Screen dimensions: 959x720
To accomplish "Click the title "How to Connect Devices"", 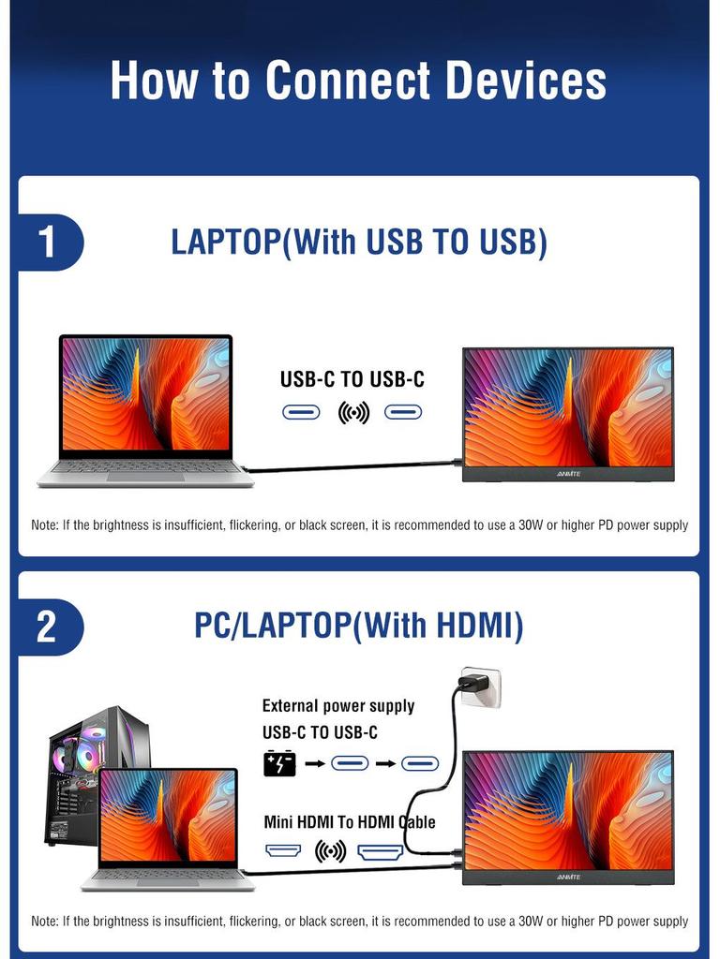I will (x=359, y=81).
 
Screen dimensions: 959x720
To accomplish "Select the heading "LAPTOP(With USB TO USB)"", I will (x=359, y=242).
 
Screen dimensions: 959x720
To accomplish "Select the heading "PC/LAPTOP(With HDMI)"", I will (x=359, y=625).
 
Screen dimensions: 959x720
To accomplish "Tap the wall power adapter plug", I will (x=478, y=687).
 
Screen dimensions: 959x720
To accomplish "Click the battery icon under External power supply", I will (x=279, y=763).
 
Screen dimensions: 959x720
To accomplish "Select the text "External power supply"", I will (x=337, y=706).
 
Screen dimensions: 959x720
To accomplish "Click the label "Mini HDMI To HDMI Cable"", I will (x=350, y=822).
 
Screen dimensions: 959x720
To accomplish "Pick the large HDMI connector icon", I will (x=381, y=851).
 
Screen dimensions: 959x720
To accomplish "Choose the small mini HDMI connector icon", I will (x=284, y=851).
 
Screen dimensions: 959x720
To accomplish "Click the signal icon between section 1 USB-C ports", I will (x=353, y=412).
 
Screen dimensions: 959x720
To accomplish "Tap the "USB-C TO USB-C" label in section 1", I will (x=352, y=379).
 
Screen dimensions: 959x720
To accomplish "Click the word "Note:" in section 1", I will (x=45, y=525).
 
